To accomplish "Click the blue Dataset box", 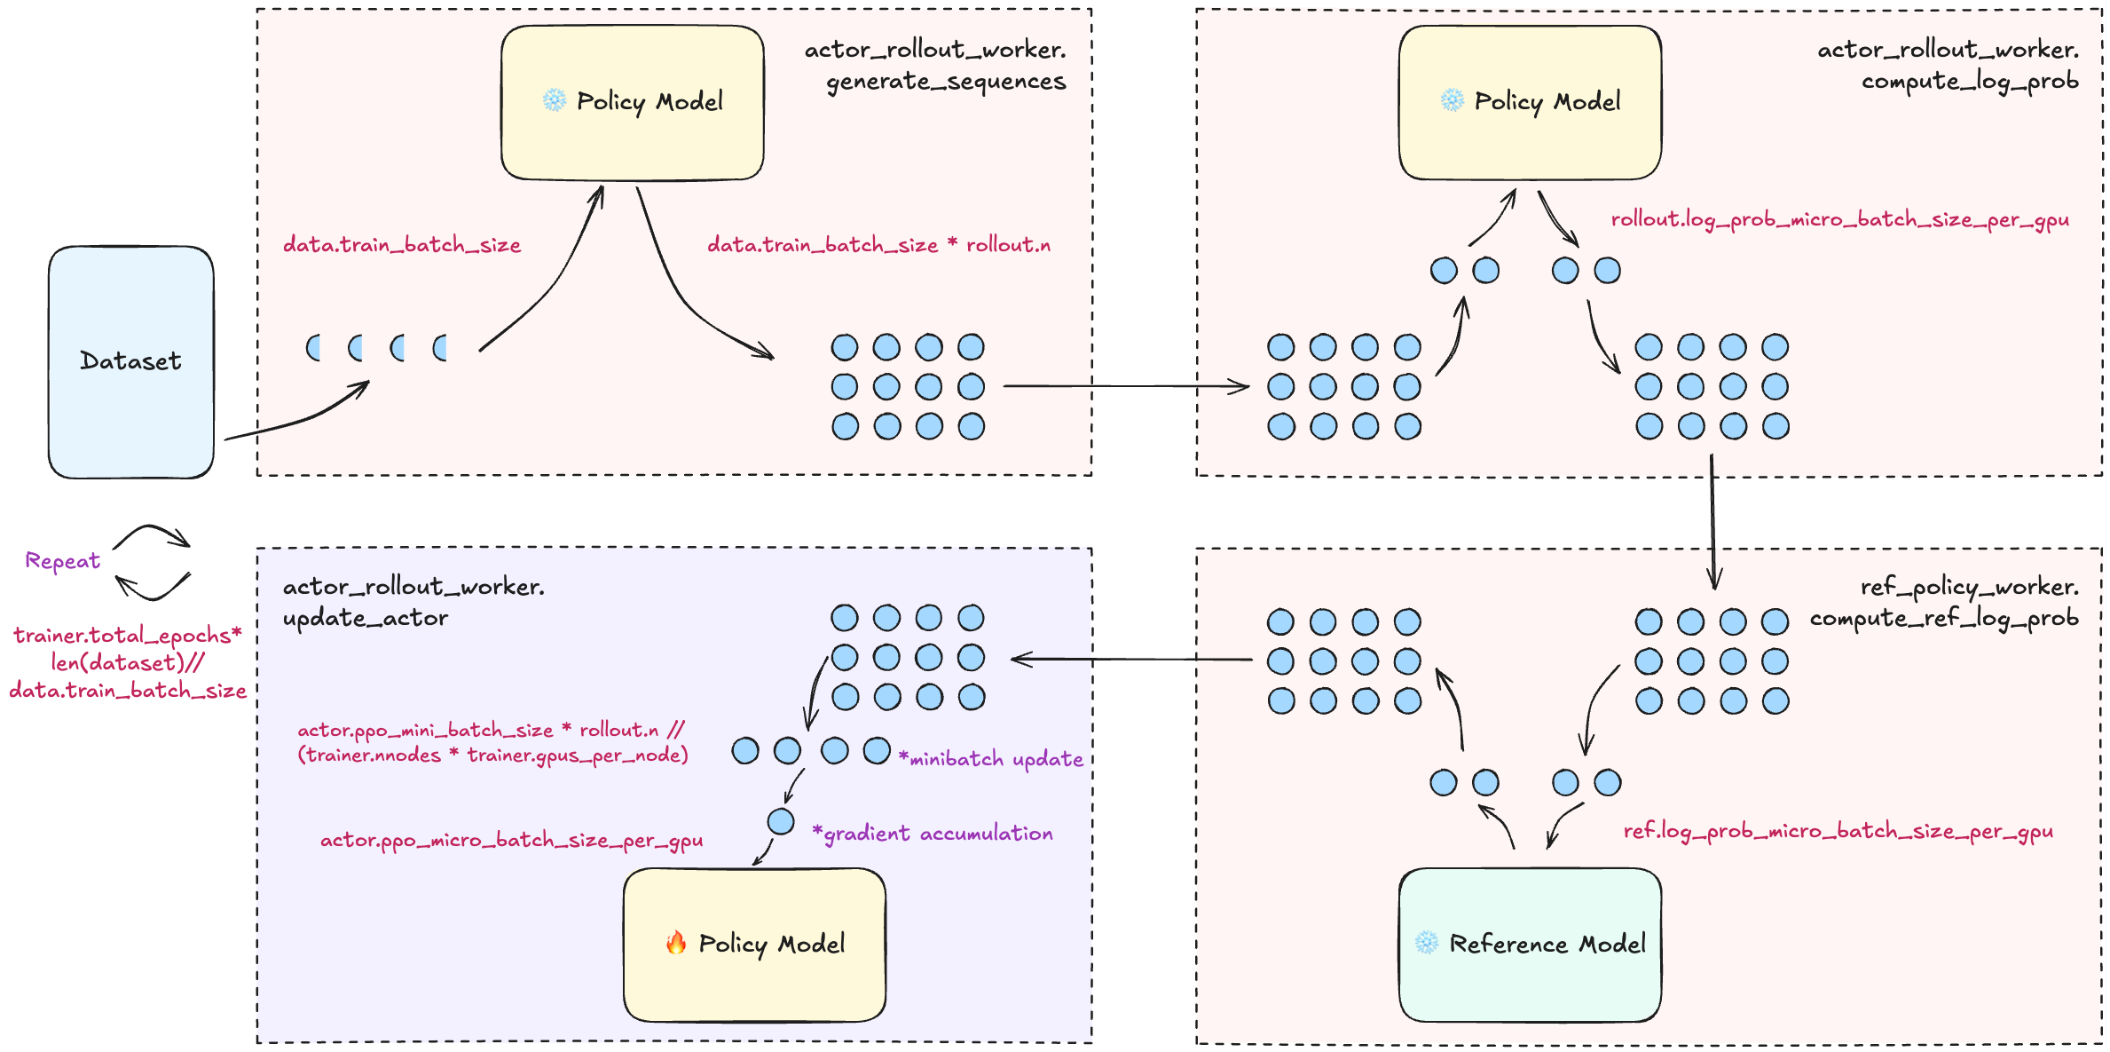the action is click(x=131, y=362).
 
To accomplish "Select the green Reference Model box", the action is click(x=1530, y=945).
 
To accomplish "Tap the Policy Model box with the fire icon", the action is click(x=754, y=945).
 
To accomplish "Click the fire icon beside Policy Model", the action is click(x=676, y=942).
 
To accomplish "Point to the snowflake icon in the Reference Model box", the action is click(x=1427, y=943).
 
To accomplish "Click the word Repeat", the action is click(x=62, y=561).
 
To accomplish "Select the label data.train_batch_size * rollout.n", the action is click(x=878, y=245).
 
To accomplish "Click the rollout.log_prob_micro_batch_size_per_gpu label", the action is click(x=1839, y=220).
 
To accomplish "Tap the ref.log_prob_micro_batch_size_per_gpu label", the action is click(x=1838, y=832).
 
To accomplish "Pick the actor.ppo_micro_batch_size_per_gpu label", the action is click(x=511, y=841).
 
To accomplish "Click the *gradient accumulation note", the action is click(x=933, y=834).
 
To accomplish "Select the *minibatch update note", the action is click(x=991, y=759).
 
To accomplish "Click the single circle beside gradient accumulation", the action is click(x=781, y=821).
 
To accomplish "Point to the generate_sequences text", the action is click(x=946, y=82).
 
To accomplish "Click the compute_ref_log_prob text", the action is click(x=1944, y=619).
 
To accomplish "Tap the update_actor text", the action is click(x=366, y=619).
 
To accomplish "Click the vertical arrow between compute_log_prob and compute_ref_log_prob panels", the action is click(x=1712, y=522).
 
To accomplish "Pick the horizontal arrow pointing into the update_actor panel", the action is click(x=1131, y=660).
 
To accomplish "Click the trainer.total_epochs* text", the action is click(x=128, y=636).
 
